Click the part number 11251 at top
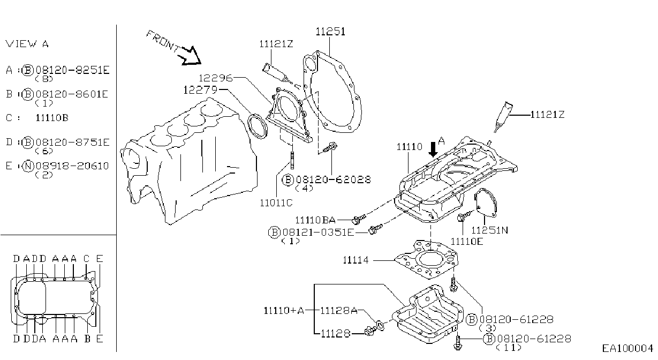coord(330,32)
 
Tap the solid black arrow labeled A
coord(433,149)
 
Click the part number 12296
coord(216,78)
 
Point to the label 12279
coord(200,90)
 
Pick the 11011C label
coord(276,203)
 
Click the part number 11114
coord(356,260)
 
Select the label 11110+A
coord(284,311)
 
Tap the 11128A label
coord(339,311)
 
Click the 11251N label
coord(490,230)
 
